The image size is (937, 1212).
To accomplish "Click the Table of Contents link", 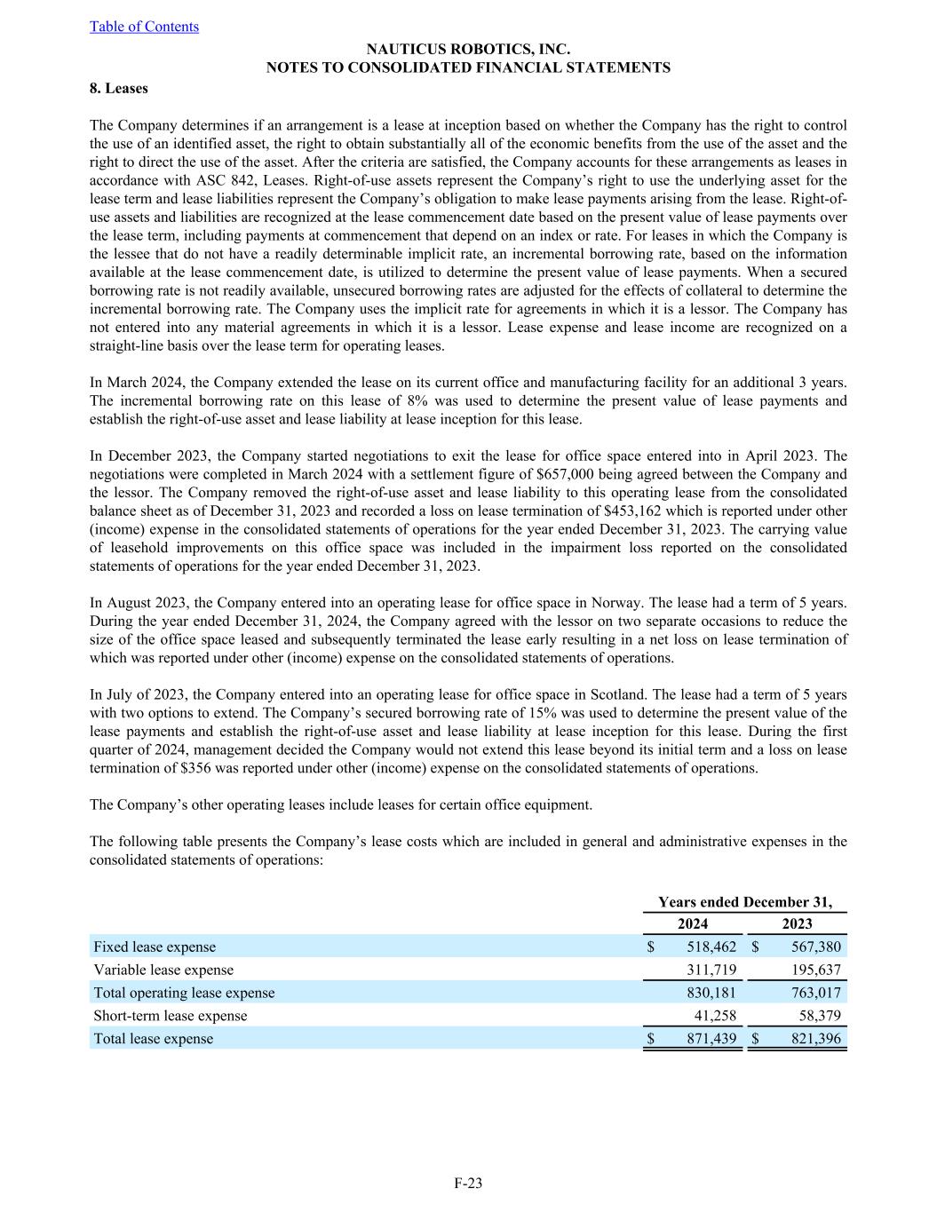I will (144, 27).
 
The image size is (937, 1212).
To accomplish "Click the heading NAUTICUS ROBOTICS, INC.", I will (468, 50).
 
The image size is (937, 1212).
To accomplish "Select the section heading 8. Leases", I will (119, 88).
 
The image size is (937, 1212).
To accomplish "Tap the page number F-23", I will (468, 1183).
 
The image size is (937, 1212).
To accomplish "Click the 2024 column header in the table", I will (693, 923).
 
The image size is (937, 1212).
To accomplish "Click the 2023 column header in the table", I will (797, 923).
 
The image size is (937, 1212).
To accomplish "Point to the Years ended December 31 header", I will (745, 902).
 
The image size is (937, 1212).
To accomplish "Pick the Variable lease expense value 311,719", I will (707, 970).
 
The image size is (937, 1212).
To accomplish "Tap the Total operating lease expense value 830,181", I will (707, 993).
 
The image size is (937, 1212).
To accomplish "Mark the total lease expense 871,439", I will (707, 1039).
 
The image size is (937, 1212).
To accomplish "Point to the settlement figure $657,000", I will (567, 474).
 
